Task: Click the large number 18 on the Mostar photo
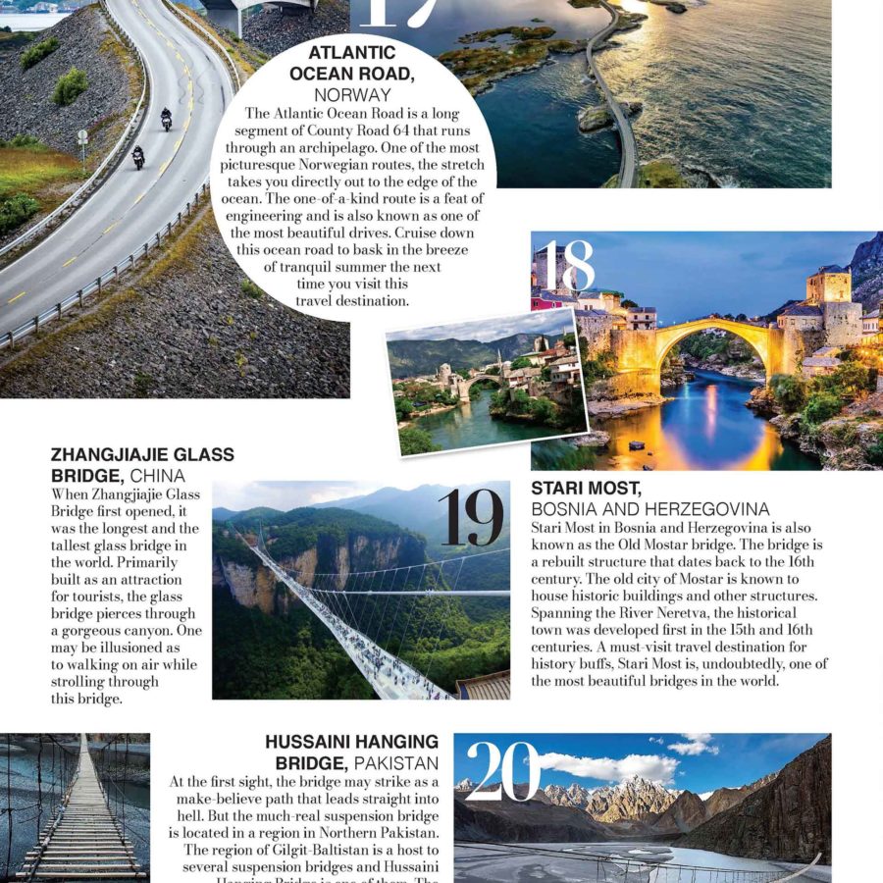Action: [x=567, y=267]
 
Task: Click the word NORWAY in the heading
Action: [x=352, y=95]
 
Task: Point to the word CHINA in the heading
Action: [x=157, y=476]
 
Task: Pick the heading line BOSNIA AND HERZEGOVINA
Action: [x=650, y=509]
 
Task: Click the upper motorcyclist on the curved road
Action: [x=166, y=119]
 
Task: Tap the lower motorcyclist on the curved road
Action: [x=138, y=157]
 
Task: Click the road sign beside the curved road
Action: [x=82, y=137]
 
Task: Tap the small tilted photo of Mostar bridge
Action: [x=486, y=383]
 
